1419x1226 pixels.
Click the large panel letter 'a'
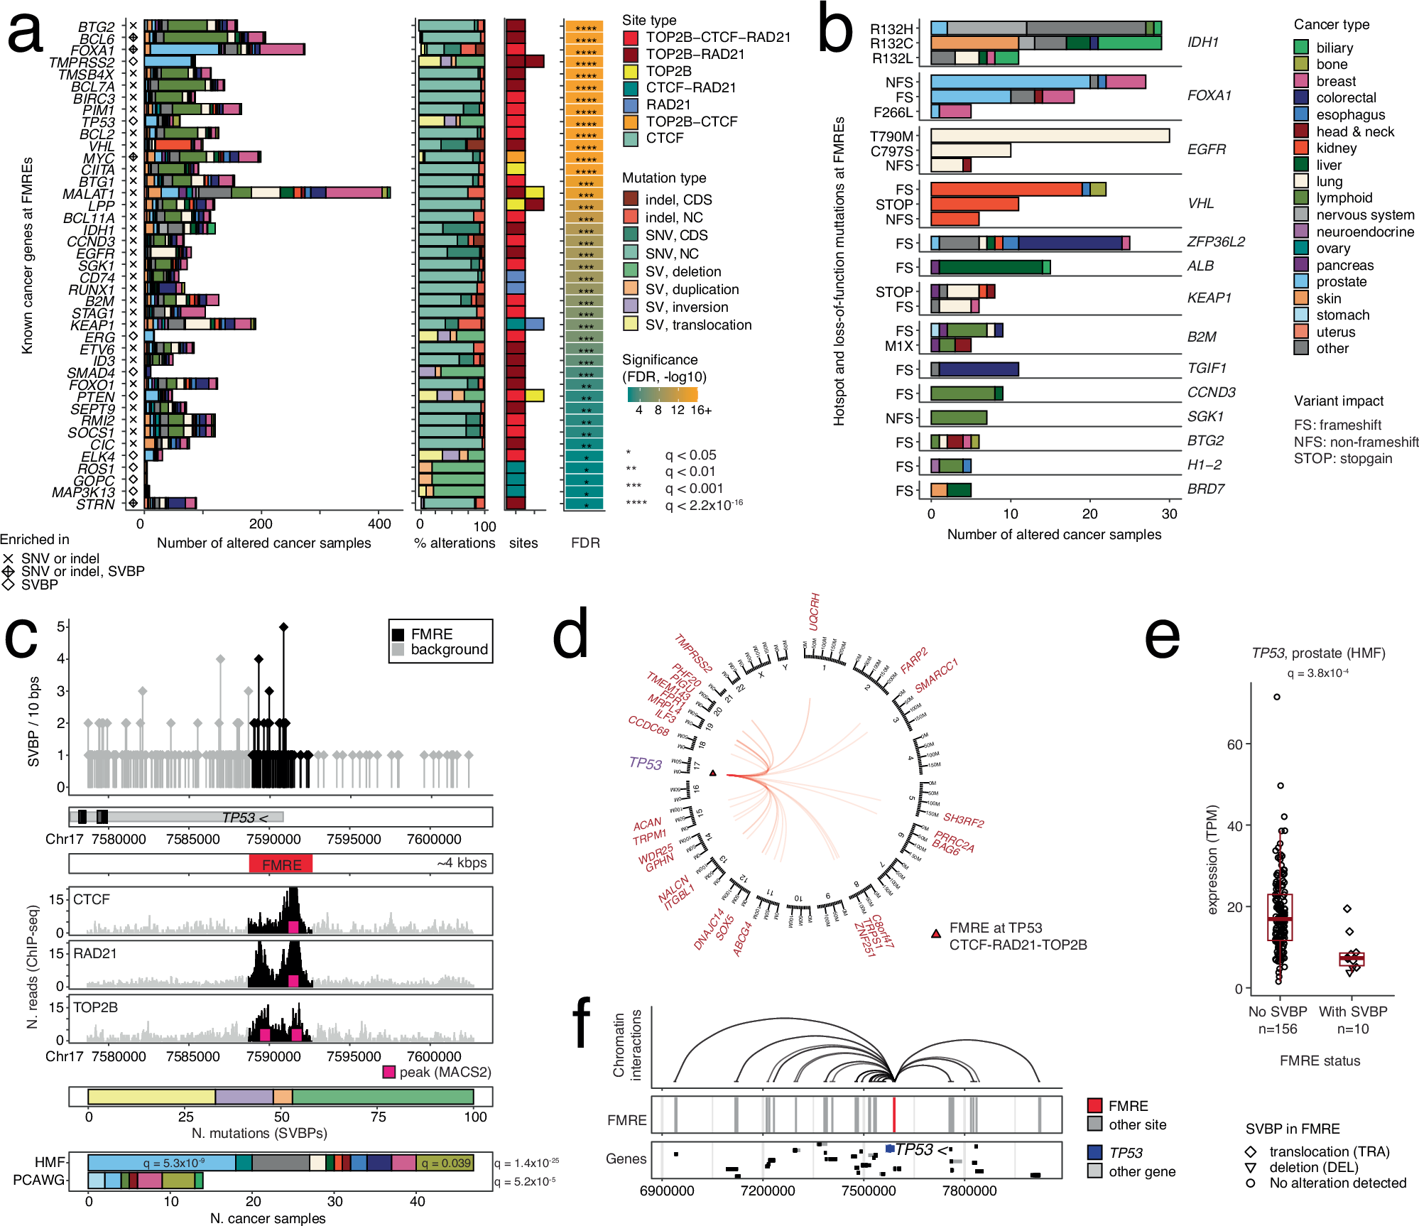click(26, 33)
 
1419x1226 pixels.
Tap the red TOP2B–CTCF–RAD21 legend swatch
click(631, 38)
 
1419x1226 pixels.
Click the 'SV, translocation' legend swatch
click(631, 325)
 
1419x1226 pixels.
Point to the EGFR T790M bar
click(1050, 135)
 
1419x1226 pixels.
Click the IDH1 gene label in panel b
click(1202, 42)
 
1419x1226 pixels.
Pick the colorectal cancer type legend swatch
click(1301, 98)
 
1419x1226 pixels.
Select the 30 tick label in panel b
click(1169, 514)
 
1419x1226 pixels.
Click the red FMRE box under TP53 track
click(281, 864)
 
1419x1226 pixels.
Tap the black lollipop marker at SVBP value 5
click(284, 626)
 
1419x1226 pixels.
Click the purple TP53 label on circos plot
click(646, 763)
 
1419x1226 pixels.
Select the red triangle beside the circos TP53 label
click(712, 773)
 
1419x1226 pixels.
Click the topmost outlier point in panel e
click(1277, 697)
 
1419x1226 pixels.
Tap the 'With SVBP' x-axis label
click(1353, 1011)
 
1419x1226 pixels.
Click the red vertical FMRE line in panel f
click(893, 1114)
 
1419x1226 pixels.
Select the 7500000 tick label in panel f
click(869, 1190)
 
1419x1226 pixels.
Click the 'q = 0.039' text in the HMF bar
click(445, 1163)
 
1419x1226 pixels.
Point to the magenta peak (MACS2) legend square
click(388, 1072)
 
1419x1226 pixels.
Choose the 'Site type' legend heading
click(649, 20)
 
